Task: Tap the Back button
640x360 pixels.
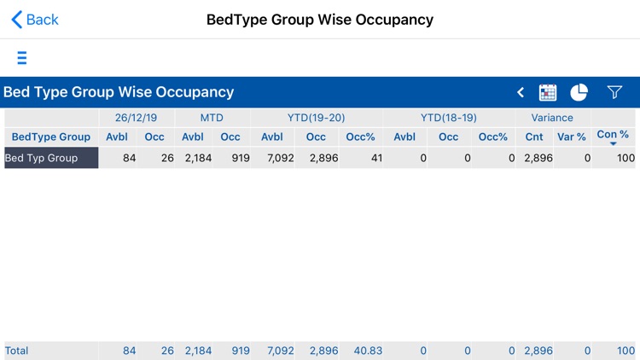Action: click(x=35, y=20)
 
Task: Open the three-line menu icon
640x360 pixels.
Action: click(x=22, y=58)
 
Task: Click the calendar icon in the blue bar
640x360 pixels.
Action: click(x=548, y=92)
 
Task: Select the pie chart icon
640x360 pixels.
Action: click(x=579, y=92)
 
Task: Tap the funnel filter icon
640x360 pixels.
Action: click(x=614, y=92)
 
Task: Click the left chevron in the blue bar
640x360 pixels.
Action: click(x=521, y=92)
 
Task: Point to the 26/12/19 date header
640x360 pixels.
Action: click(x=137, y=118)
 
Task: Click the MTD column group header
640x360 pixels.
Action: click(x=212, y=118)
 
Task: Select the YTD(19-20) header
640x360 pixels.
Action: click(x=317, y=118)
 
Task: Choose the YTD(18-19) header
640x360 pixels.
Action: click(x=449, y=118)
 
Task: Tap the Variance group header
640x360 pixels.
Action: click(x=552, y=118)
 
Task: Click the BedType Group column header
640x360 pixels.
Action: click(x=51, y=136)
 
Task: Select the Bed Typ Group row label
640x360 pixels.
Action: click(x=51, y=158)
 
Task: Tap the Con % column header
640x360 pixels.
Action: click(x=613, y=136)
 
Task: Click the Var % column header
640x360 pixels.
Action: click(x=572, y=136)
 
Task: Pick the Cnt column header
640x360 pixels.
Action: click(x=534, y=136)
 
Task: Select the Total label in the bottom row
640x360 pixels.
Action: click(x=17, y=351)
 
